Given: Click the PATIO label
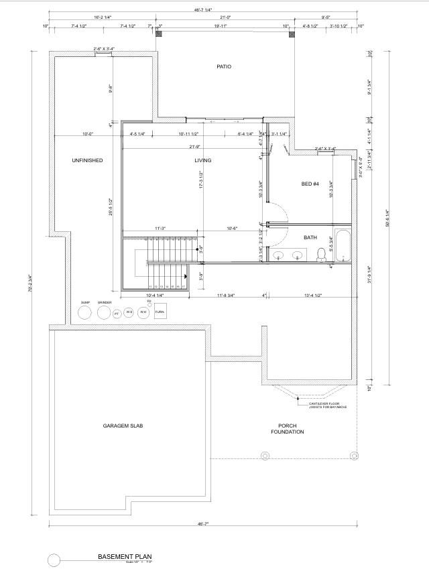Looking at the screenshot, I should point(224,66).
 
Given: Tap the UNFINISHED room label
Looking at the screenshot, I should point(87,160).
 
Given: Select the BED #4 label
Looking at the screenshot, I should point(310,184).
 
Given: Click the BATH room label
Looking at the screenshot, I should point(310,237).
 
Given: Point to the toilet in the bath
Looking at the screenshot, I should point(321,253).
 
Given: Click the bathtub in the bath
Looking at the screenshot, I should point(342,246).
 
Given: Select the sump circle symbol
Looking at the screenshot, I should point(85,312).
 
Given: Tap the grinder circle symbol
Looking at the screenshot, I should point(104,312).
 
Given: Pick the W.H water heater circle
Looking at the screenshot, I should point(143,312).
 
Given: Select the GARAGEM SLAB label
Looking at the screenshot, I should point(123,426).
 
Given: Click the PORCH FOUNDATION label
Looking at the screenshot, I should point(288,429).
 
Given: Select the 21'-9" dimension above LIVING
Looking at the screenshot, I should point(194,147).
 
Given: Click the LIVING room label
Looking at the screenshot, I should point(202,160).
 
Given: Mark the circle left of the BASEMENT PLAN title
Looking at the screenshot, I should point(54,560).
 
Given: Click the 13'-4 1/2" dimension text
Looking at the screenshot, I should point(312,296).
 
